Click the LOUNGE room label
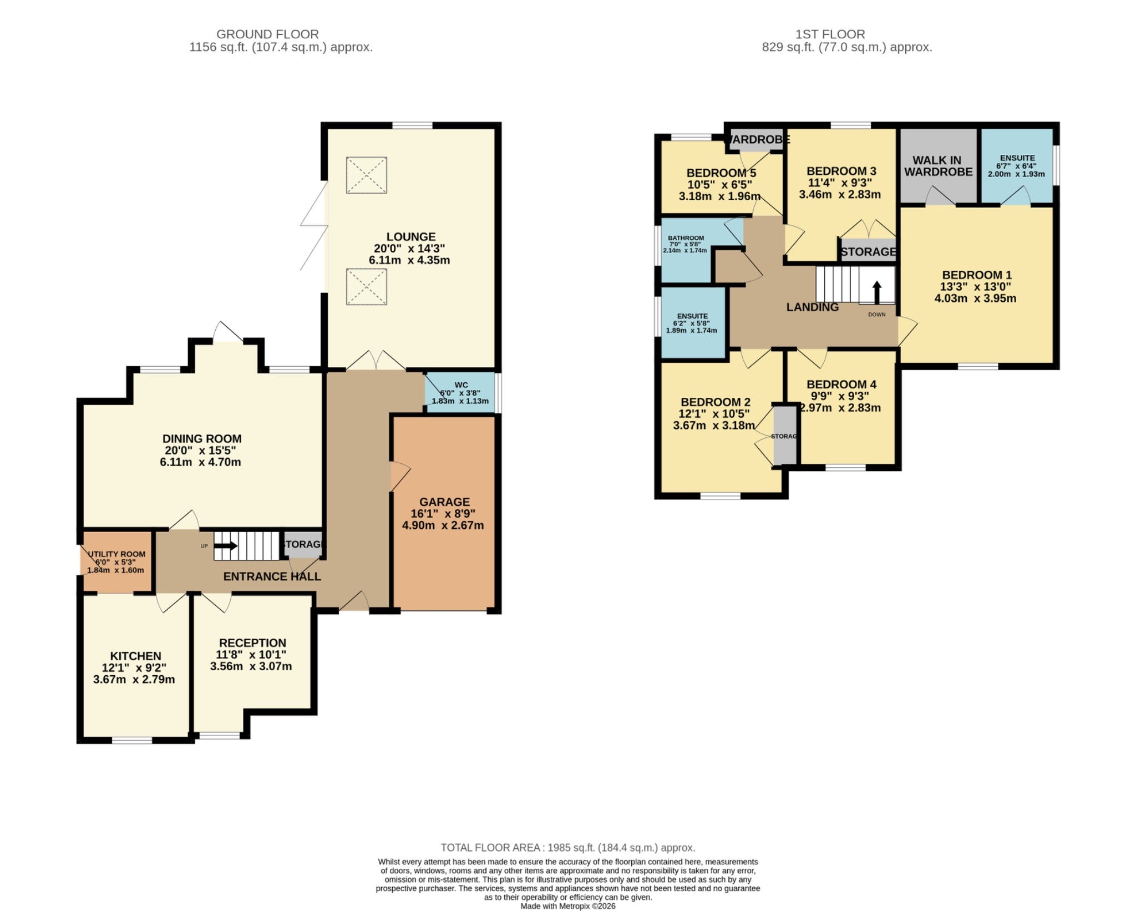click(410, 236)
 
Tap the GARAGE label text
click(444, 502)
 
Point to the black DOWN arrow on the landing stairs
click(877, 292)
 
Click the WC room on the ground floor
click(460, 392)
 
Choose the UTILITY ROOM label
click(116, 554)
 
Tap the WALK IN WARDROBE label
click(939, 166)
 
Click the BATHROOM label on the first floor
click(686, 237)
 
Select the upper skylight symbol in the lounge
click(367, 175)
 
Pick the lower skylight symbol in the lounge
click(367, 287)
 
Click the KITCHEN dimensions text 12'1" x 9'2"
click(134, 667)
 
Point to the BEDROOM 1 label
click(977, 275)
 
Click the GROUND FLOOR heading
click(267, 34)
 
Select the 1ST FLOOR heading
click(830, 34)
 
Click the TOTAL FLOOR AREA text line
click(568, 847)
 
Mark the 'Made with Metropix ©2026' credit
click(568, 906)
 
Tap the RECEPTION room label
click(252, 642)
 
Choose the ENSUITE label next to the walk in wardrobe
click(1017, 158)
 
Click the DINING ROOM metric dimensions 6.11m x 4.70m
click(200, 462)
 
